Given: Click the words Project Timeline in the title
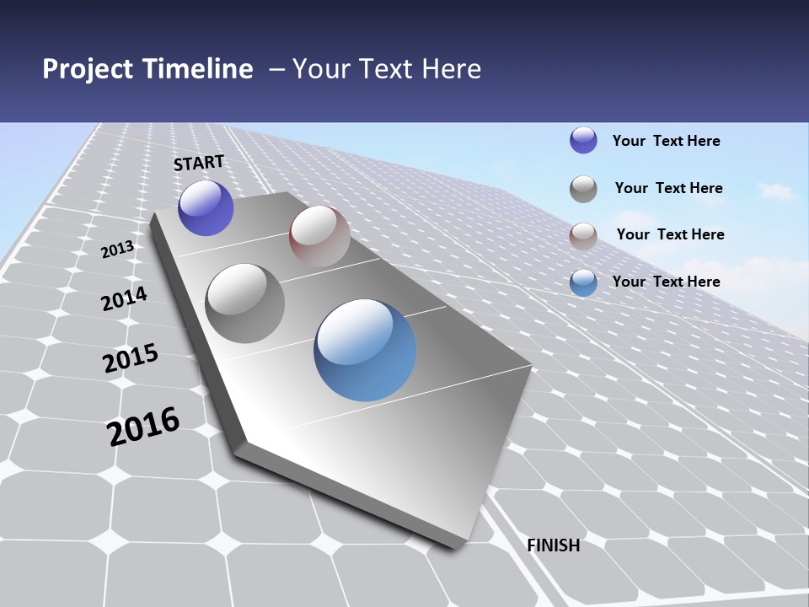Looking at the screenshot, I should [147, 69].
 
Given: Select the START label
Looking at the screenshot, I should [199, 163].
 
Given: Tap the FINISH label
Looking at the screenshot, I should [554, 545].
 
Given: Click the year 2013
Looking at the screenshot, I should [118, 250].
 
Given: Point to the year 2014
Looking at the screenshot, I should [125, 299].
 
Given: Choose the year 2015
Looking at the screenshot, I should [131, 358].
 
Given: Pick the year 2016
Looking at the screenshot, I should [144, 427].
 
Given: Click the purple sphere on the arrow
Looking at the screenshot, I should [206, 207].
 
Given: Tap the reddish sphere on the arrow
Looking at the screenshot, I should [319, 236].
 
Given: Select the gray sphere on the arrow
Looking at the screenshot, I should [245, 303].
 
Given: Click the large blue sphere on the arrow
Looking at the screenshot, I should [365, 350].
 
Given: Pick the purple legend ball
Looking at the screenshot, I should [583, 141].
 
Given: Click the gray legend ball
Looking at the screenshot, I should [583, 189].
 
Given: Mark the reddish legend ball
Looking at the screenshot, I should [583, 236].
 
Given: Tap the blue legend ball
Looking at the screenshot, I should [583, 282].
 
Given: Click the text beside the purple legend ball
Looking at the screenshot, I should [667, 141].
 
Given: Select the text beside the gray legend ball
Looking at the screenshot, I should [669, 188].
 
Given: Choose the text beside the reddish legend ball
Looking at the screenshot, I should [671, 234].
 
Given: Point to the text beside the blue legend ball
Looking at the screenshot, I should [667, 282].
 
